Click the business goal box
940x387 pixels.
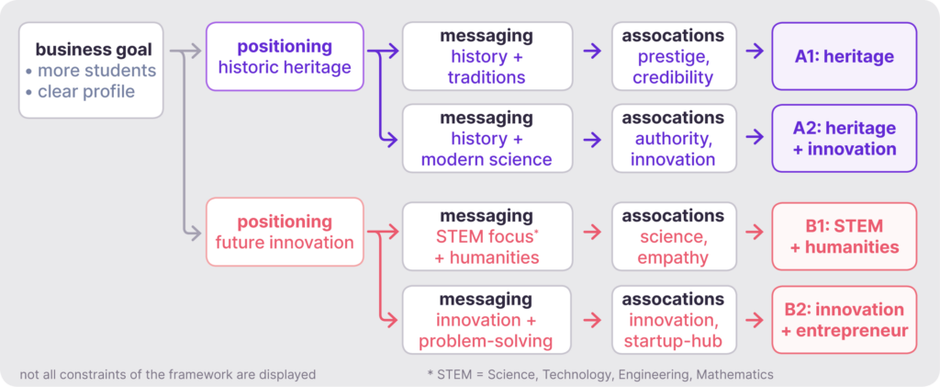point(91,70)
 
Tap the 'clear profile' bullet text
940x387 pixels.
point(86,92)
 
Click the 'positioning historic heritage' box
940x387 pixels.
point(285,56)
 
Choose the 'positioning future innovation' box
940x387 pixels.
point(285,232)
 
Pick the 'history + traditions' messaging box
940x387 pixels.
point(487,56)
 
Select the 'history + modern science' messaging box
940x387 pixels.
point(487,138)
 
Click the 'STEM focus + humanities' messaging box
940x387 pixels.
point(487,236)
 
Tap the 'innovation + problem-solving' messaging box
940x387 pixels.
point(487,320)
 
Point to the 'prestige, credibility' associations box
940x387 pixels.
point(673,56)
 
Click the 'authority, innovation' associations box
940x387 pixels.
point(673,138)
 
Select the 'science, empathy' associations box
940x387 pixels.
point(673,236)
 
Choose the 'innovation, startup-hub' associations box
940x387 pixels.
point(673,320)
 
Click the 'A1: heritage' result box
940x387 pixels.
point(844,56)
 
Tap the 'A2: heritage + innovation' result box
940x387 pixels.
point(844,138)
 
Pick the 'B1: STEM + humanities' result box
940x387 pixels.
point(844,236)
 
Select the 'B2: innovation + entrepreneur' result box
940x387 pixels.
point(844,320)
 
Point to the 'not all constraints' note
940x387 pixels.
point(167,375)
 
